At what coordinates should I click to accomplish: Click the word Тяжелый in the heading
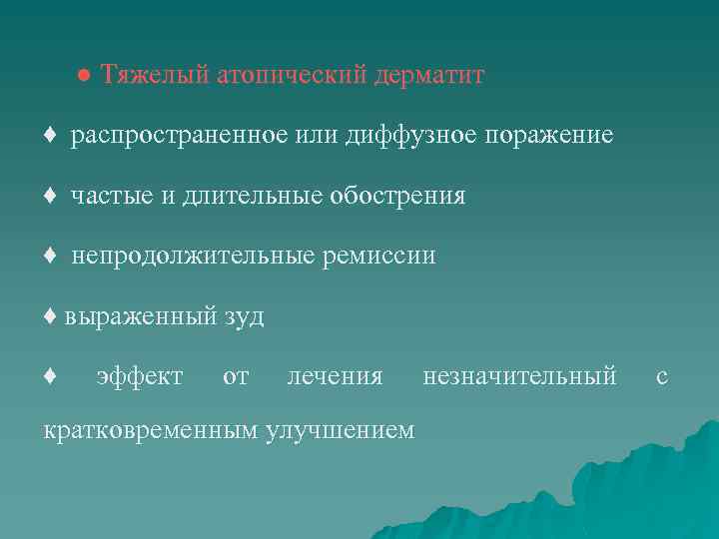click(x=155, y=76)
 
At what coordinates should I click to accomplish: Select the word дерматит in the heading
click(x=428, y=76)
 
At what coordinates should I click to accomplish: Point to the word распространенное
click(x=181, y=136)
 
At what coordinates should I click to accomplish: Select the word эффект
click(x=139, y=377)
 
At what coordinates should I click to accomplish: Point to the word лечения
click(x=335, y=377)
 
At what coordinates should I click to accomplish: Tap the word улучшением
click(x=339, y=430)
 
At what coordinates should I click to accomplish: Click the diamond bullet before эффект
click(x=50, y=377)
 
